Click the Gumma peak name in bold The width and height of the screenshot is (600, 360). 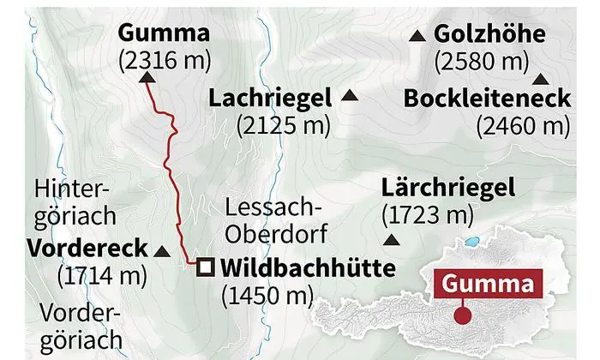(164, 34)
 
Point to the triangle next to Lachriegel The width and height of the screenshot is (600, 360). (349, 96)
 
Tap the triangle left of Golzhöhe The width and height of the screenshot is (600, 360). (417, 36)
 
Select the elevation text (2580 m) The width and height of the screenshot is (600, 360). (479, 61)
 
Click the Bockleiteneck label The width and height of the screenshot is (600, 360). (486, 99)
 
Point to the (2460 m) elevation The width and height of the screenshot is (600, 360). (523, 125)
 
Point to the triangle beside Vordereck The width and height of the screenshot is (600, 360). (161, 251)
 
